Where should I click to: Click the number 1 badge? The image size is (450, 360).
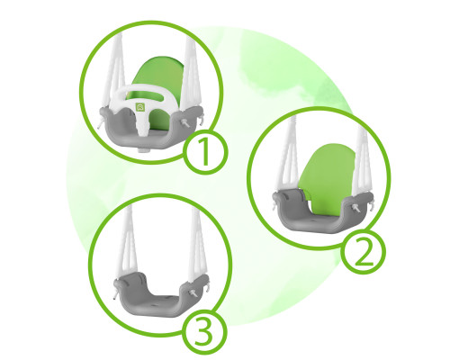pos(205,152)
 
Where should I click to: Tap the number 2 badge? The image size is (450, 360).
pos(364,252)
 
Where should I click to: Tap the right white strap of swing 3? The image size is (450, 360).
pos(195,243)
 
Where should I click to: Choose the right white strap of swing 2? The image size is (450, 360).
pos(362,162)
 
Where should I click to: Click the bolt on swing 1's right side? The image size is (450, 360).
pos(185,122)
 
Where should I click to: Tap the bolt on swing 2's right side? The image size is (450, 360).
pos(355,207)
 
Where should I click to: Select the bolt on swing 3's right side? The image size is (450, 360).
pos(193,292)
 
